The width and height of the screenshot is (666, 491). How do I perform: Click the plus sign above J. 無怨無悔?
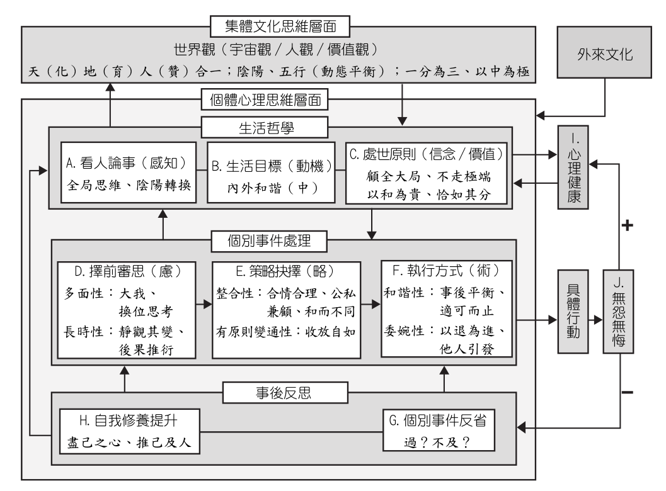(626, 225)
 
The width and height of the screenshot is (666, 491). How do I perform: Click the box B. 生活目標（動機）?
(270, 173)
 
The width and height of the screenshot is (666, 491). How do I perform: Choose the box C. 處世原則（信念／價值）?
(427, 173)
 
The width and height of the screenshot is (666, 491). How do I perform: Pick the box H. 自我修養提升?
(131, 431)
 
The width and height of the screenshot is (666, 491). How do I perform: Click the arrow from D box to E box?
(204, 303)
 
